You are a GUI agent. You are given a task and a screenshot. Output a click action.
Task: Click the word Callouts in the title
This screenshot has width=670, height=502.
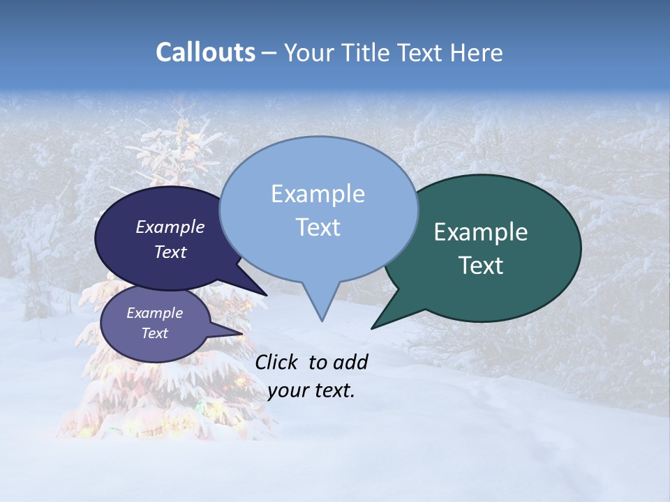[205, 52]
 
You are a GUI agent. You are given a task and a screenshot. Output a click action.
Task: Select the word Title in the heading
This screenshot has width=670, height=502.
[365, 52]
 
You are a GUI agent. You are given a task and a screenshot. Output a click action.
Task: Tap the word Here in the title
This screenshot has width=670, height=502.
[476, 52]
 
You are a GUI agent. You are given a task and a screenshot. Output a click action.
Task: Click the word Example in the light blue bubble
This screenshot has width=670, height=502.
[318, 194]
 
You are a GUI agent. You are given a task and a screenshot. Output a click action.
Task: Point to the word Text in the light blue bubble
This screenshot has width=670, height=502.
[318, 227]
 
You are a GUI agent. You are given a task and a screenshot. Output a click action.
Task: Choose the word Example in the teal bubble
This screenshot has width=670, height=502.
[481, 232]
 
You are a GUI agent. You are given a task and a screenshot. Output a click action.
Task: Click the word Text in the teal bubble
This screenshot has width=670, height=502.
[481, 266]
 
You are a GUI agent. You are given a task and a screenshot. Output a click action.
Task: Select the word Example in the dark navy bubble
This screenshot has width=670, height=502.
[170, 227]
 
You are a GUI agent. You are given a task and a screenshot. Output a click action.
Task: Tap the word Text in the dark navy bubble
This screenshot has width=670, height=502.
[170, 252]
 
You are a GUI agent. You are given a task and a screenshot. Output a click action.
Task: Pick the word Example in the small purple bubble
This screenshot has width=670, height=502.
[154, 313]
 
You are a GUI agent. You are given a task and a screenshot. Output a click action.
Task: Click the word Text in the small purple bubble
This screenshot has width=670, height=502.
[154, 333]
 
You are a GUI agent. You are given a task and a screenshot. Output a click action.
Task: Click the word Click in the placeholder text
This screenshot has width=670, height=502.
[277, 362]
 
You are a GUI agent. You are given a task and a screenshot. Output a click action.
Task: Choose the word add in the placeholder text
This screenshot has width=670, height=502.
[350, 362]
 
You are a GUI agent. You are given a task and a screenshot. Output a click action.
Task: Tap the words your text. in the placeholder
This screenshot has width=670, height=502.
[311, 391]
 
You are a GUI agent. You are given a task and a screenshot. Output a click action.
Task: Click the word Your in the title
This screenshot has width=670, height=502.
[308, 52]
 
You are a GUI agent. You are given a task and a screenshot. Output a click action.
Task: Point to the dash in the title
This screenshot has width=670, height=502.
[269, 52]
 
